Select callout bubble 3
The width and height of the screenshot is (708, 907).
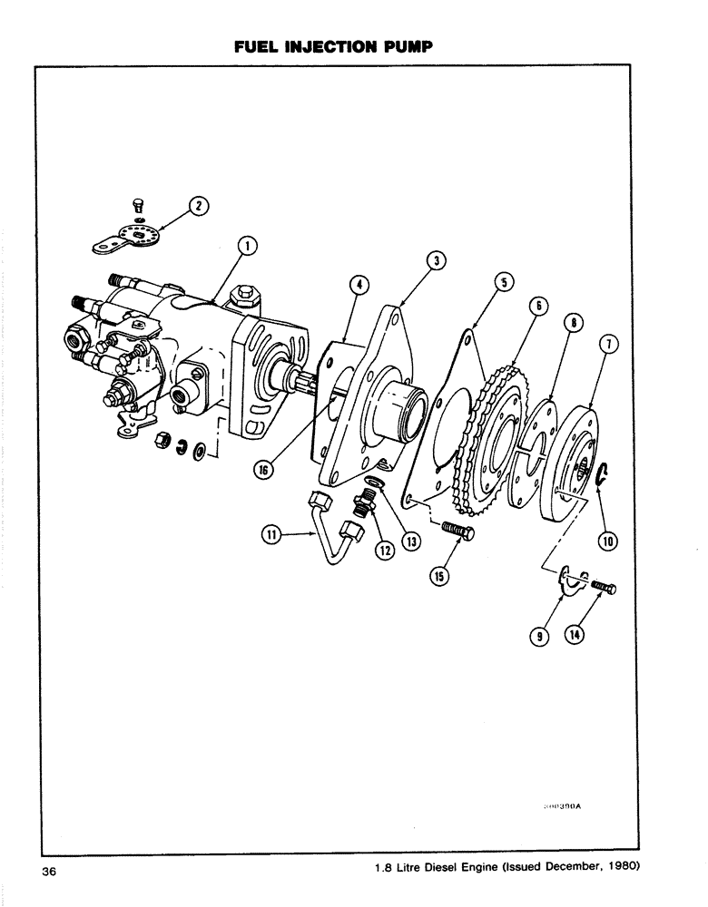[437, 260]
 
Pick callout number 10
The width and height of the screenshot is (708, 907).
[606, 541]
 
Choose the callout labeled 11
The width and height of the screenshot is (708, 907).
[270, 536]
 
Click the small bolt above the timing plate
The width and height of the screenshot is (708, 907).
[139, 204]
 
